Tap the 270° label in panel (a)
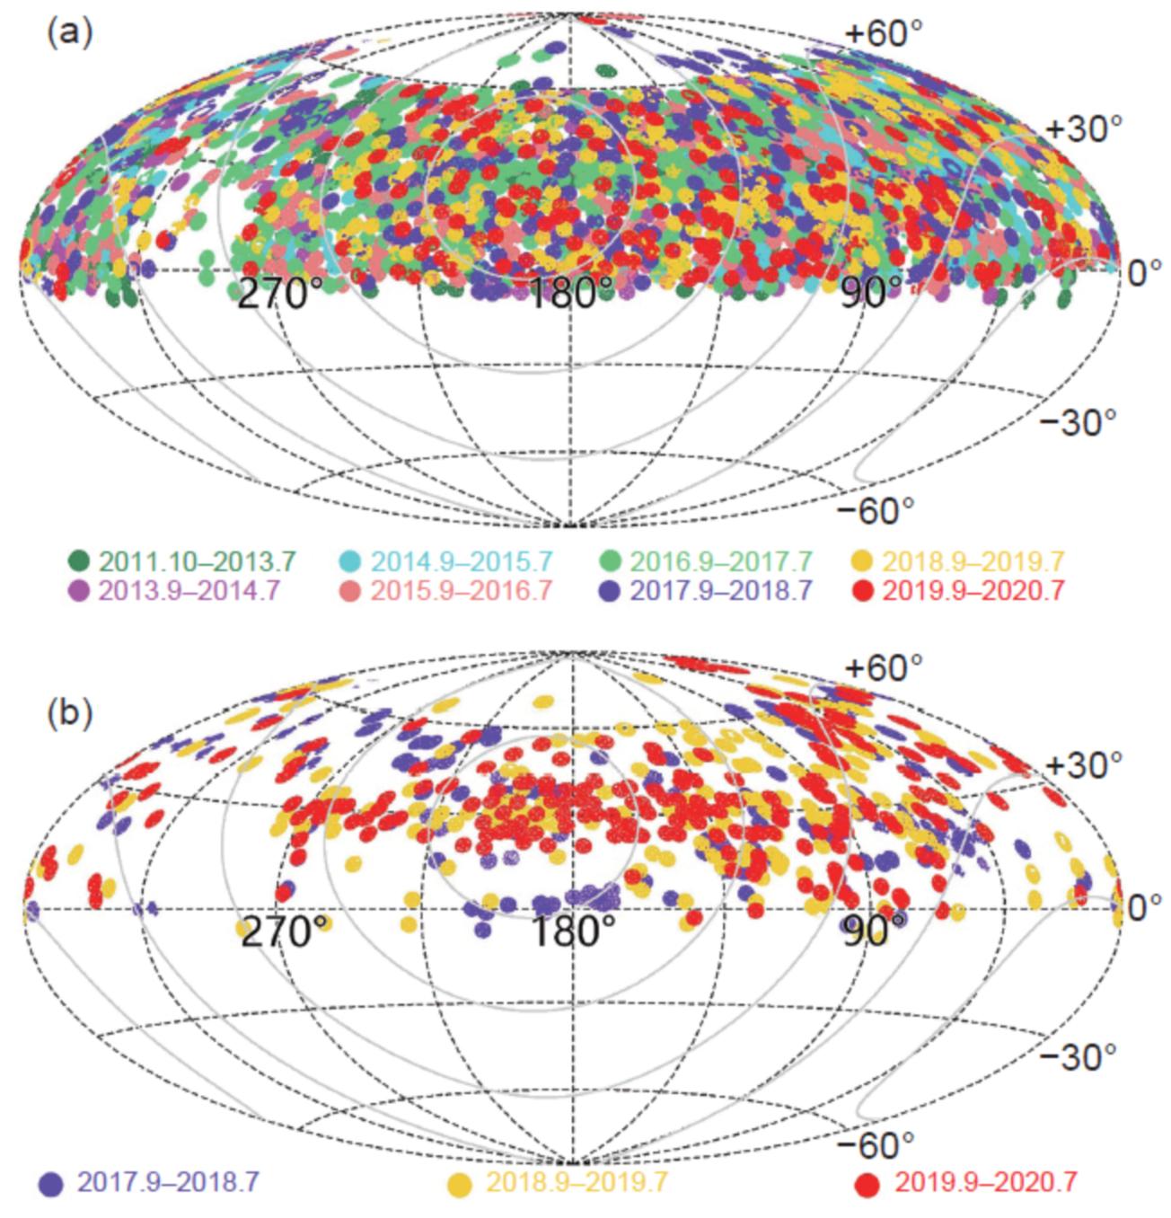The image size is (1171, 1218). click(274, 294)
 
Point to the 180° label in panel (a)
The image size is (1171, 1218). click(570, 294)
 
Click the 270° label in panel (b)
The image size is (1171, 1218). click(274, 931)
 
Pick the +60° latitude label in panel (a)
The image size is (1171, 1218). click(884, 34)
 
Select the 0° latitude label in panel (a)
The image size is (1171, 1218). click(1144, 272)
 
